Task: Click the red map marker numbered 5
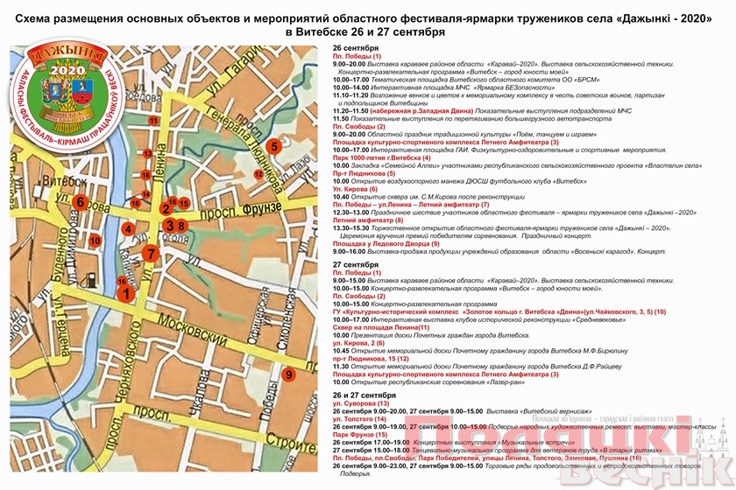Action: (274, 146)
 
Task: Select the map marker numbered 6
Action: (80, 202)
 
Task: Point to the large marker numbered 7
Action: (151, 254)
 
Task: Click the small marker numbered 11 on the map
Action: (153, 121)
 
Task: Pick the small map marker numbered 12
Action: (258, 174)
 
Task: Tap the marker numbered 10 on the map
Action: (95, 240)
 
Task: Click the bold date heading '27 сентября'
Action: (354, 264)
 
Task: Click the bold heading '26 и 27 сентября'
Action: (365, 395)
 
